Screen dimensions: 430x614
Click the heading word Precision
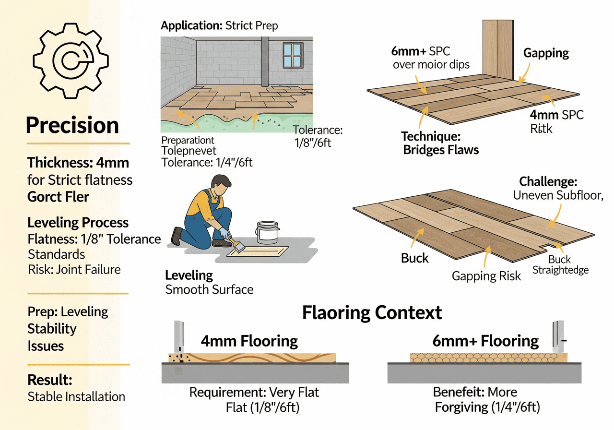click(72, 125)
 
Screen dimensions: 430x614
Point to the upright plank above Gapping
click(498, 48)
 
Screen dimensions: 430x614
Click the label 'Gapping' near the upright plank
click(546, 53)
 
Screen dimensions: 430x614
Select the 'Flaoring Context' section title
click(372, 312)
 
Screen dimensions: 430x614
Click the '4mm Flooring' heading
click(249, 341)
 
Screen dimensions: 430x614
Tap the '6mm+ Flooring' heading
click(485, 341)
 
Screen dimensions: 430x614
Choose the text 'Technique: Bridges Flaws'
click(440, 143)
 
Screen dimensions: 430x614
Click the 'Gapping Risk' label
click(486, 276)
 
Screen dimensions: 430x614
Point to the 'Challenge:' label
click(548, 182)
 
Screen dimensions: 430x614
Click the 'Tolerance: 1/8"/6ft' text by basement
click(318, 136)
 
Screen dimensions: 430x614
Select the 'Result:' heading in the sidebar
click(50, 380)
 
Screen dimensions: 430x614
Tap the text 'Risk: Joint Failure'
click(74, 269)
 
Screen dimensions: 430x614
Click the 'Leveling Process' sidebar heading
click(78, 223)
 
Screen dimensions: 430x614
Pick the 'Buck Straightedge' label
click(560, 265)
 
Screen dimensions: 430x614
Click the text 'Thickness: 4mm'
click(78, 162)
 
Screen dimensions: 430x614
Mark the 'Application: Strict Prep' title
click(219, 25)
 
